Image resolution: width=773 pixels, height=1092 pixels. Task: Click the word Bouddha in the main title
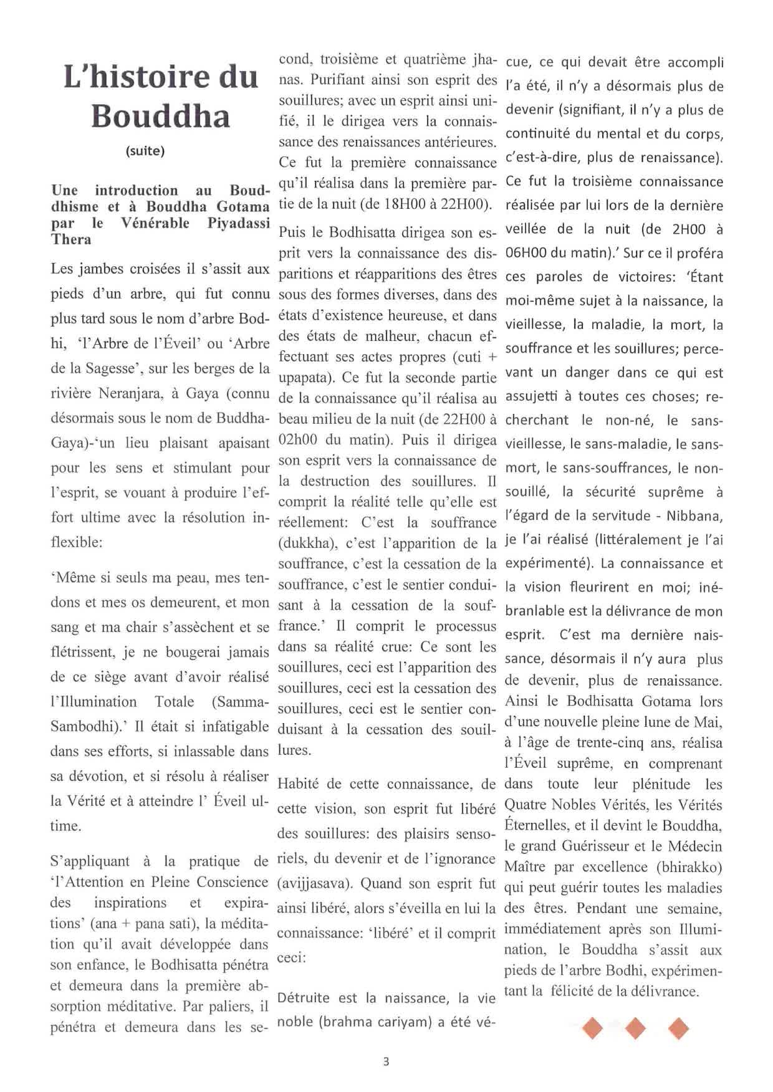pyautogui.click(x=161, y=117)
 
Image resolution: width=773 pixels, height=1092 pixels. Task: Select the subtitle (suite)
pyautogui.click(x=145, y=151)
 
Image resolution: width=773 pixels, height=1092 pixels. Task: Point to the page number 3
pyautogui.click(x=386, y=1061)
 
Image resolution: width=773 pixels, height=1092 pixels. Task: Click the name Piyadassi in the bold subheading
pyautogui.click(x=238, y=223)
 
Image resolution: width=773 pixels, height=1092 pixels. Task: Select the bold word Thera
pyautogui.click(x=71, y=239)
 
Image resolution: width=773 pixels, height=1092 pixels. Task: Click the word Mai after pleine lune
pyautogui.click(x=709, y=722)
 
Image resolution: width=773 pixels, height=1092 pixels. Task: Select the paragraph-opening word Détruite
pyautogui.click(x=304, y=998)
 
